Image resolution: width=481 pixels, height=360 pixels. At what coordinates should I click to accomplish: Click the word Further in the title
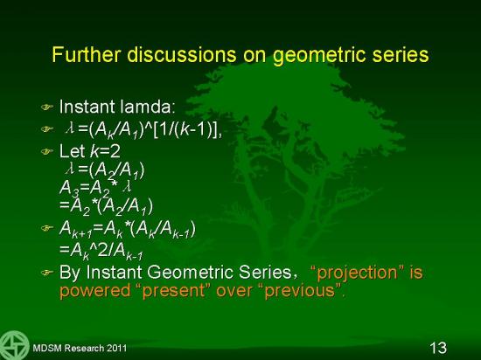click(87, 54)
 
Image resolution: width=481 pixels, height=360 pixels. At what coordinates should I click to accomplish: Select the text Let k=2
click(89, 151)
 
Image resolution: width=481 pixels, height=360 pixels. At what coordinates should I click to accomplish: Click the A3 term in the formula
click(69, 189)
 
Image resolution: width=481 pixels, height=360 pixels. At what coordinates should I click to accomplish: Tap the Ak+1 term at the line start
click(76, 229)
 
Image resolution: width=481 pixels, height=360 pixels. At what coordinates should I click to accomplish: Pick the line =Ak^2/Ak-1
click(101, 252)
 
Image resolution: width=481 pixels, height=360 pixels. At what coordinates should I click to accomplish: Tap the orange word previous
click(303, 291)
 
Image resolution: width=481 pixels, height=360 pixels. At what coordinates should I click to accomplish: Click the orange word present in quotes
click(174, 291)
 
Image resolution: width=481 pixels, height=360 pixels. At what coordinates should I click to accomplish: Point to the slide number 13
click(438, 348)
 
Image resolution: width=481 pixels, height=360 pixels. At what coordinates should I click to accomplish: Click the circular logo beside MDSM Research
click(14, 346)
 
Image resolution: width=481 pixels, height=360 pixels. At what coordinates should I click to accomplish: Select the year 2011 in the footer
click(116, 348)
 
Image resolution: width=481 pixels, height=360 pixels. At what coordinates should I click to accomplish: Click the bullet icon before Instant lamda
click(47, 107)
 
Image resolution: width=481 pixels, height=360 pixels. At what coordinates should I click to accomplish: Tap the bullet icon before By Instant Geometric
click(47, 273)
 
